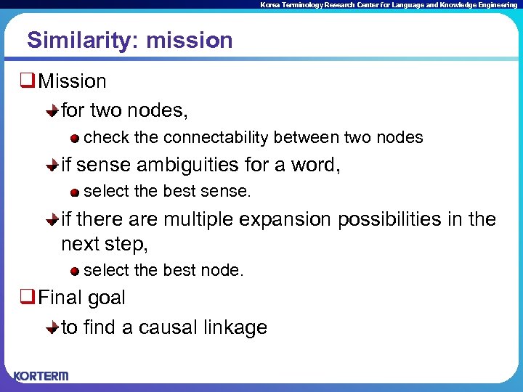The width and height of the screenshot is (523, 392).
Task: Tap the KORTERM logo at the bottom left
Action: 41,375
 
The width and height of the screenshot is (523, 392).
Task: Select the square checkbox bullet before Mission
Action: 27,81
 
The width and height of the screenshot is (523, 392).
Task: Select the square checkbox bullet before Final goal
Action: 27,298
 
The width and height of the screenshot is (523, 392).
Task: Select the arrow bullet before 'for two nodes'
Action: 52,110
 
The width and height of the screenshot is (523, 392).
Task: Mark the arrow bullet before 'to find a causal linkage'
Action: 52,328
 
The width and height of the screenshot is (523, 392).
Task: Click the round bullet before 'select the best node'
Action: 75,271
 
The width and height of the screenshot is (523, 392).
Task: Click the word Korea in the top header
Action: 271,5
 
